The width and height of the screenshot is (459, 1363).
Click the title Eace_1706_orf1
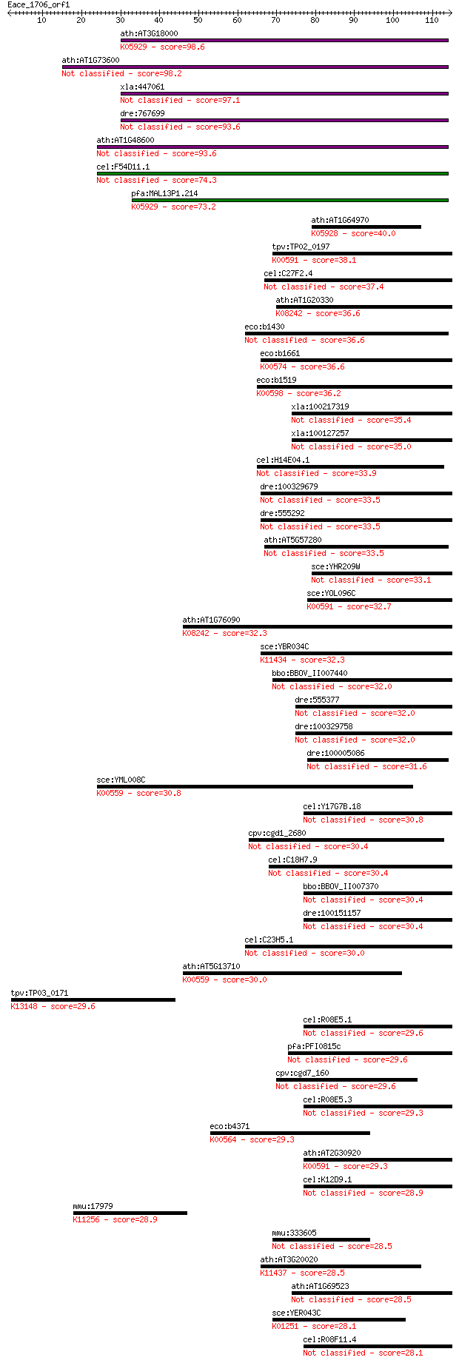[38, 4]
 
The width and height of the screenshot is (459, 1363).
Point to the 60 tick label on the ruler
[237, 19]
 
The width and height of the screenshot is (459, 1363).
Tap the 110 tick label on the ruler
[432, 19]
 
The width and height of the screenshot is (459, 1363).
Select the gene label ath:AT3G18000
[149, 33]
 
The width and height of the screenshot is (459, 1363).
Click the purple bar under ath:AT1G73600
[255, 67]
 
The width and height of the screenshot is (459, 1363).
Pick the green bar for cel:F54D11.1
[272, 173]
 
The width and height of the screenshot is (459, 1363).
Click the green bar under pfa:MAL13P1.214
[290, 200]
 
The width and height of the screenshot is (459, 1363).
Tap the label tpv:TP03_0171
[39, 993]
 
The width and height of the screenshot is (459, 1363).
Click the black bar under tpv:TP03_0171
[93, 999]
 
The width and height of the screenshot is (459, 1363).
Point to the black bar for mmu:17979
[130, 1213]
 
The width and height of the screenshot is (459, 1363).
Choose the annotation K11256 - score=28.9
[115, 1219]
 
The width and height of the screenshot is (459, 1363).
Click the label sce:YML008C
[121, 780]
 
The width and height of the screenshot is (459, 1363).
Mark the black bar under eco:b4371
[290, 1133]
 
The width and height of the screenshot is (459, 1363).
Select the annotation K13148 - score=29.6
[53, 1006]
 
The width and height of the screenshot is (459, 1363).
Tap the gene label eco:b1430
[264, 326]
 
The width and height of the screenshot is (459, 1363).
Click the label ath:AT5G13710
[211, 966]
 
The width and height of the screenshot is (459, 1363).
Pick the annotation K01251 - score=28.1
[314, 1326]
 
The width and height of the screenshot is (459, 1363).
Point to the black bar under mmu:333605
[321, 1239]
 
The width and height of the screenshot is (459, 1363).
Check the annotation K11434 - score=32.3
[302, 660]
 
